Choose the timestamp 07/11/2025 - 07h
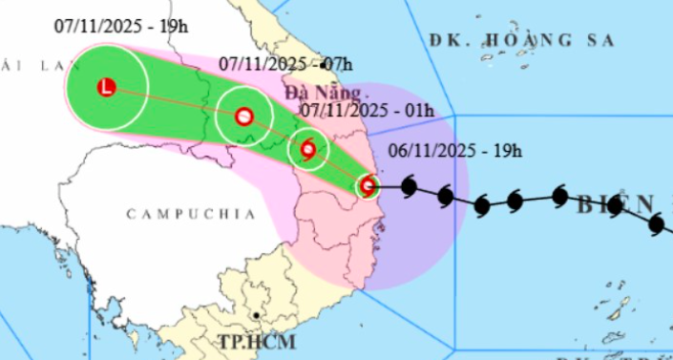pyautogui.click(x=285, y=64)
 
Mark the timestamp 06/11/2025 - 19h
pyautogui.click(x=454, y=150)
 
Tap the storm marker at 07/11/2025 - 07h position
pyautogui.click(x=243, y=116)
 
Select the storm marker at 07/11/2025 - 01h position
pyautogui.click(x=307, y=149)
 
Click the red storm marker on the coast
pyautogui.click(x=368, y=186)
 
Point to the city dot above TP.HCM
pyautogui.click(x=257, y=314)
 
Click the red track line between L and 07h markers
pyautogui.click(x=176, y=103)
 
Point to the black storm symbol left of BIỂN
pyautogui.click(x=559, y=198)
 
